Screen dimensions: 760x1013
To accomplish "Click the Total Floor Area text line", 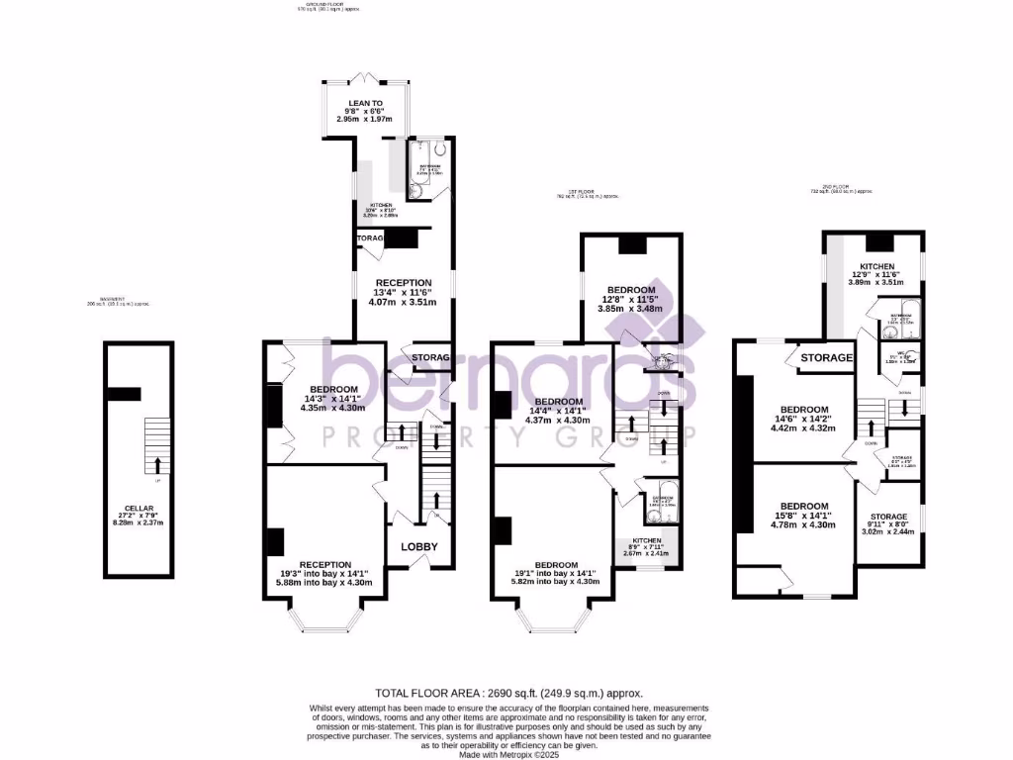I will click(x=508, y=693).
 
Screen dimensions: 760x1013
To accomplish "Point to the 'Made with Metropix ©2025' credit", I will click(x=508, y=754).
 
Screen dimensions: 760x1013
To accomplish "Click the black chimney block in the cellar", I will click(x=125, y=394).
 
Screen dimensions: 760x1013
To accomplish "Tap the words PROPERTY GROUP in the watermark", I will click(x=510, y=434).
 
